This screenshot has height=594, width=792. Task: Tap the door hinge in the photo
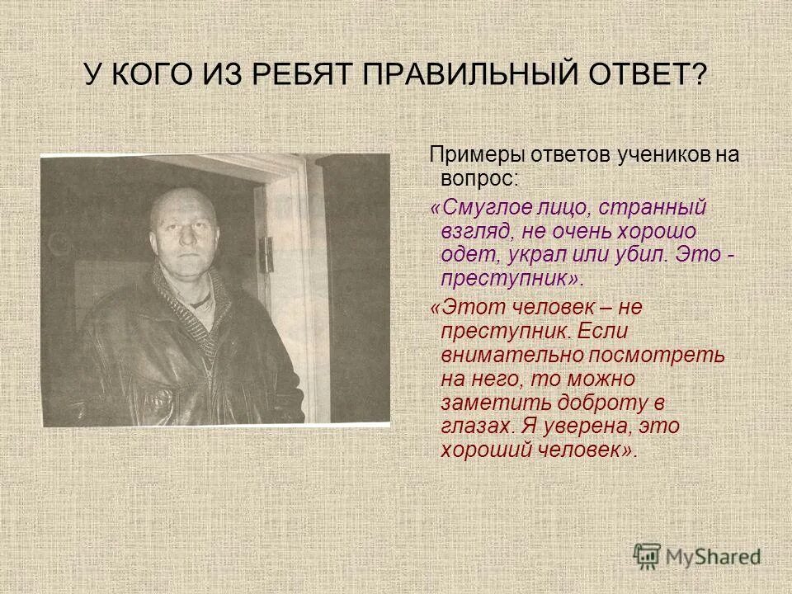click(x=266, y=245)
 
